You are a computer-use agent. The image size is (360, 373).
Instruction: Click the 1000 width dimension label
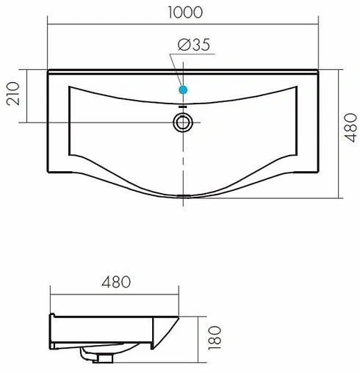185,12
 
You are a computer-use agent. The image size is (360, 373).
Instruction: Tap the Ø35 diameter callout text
194,45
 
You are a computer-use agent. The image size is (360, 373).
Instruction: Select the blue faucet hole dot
183,90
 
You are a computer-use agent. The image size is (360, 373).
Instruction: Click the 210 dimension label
12,93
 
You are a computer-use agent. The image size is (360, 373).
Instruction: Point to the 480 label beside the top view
350,128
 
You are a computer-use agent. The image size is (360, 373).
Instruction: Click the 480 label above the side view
116,282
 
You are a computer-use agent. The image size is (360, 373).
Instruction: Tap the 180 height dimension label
215,338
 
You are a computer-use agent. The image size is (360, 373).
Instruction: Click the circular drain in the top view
183,123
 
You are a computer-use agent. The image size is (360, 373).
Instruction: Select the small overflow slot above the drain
183,106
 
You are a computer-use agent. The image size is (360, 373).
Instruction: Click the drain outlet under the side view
105,358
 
